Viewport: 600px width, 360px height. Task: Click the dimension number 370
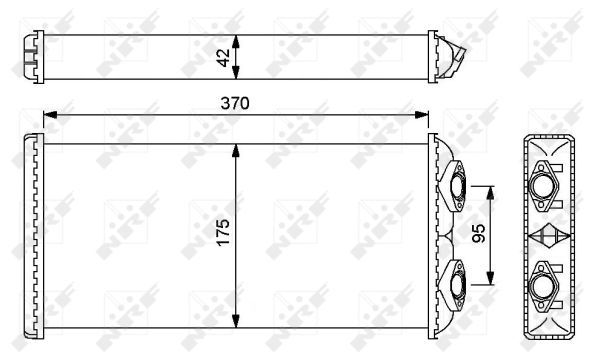coord(235,103)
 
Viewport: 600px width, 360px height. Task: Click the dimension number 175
coord(223,232)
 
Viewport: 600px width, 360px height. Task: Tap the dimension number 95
coord(478,233)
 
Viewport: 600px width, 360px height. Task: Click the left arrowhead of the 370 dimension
coord(50,115)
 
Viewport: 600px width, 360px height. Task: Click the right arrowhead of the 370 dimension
coord(422,115)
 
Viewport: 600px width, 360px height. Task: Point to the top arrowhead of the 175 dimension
coord(236,151)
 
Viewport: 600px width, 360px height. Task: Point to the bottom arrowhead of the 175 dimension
coord(236,321)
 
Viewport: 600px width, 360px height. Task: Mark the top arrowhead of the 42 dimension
coord(236,42)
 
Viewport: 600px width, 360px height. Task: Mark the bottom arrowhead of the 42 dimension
coord(236,72)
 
